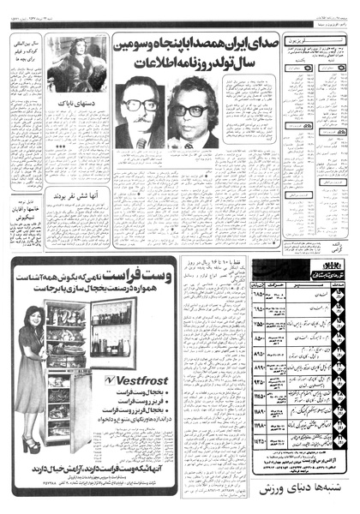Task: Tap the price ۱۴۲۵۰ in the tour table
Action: [263, 439]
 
